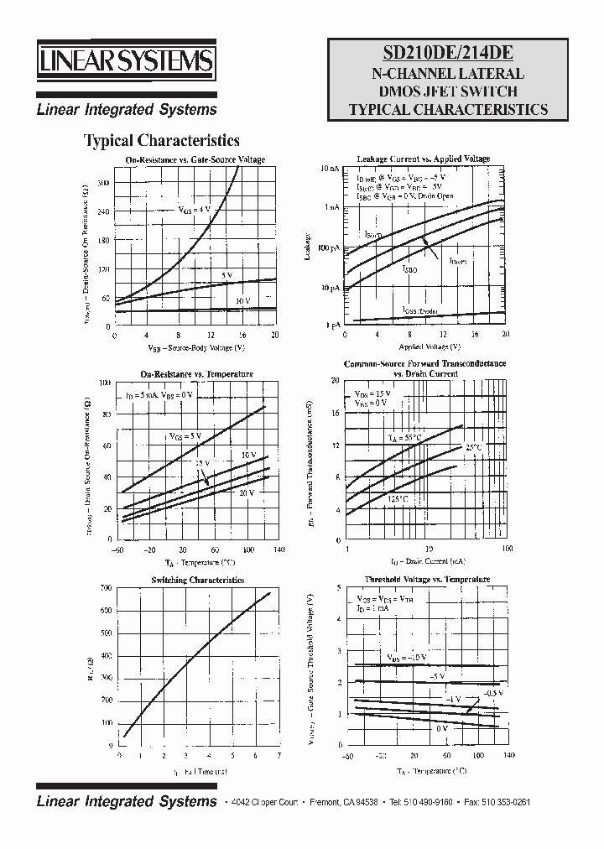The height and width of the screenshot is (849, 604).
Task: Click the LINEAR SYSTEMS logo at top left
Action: [126, 62]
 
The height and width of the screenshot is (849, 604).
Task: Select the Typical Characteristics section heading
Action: [162, 141]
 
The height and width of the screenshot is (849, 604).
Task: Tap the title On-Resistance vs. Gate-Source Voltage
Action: [195, 159]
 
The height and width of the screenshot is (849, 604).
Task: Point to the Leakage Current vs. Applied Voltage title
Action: [423, 159]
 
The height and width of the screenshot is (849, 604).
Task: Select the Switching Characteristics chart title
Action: [197, 580]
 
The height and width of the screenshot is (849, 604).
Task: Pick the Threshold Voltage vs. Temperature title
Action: [426, 580]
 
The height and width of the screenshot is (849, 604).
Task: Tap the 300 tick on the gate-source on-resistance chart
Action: [103, 182]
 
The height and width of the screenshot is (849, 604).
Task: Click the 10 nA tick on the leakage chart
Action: [330, 169]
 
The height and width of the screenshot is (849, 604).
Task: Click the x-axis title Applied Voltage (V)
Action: [429, 346]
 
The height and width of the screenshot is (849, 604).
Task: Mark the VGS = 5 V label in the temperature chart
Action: [185, 436]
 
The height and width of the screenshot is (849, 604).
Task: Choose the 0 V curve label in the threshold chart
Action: [441, 729]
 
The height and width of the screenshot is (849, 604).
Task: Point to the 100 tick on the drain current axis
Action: [507, 549]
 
